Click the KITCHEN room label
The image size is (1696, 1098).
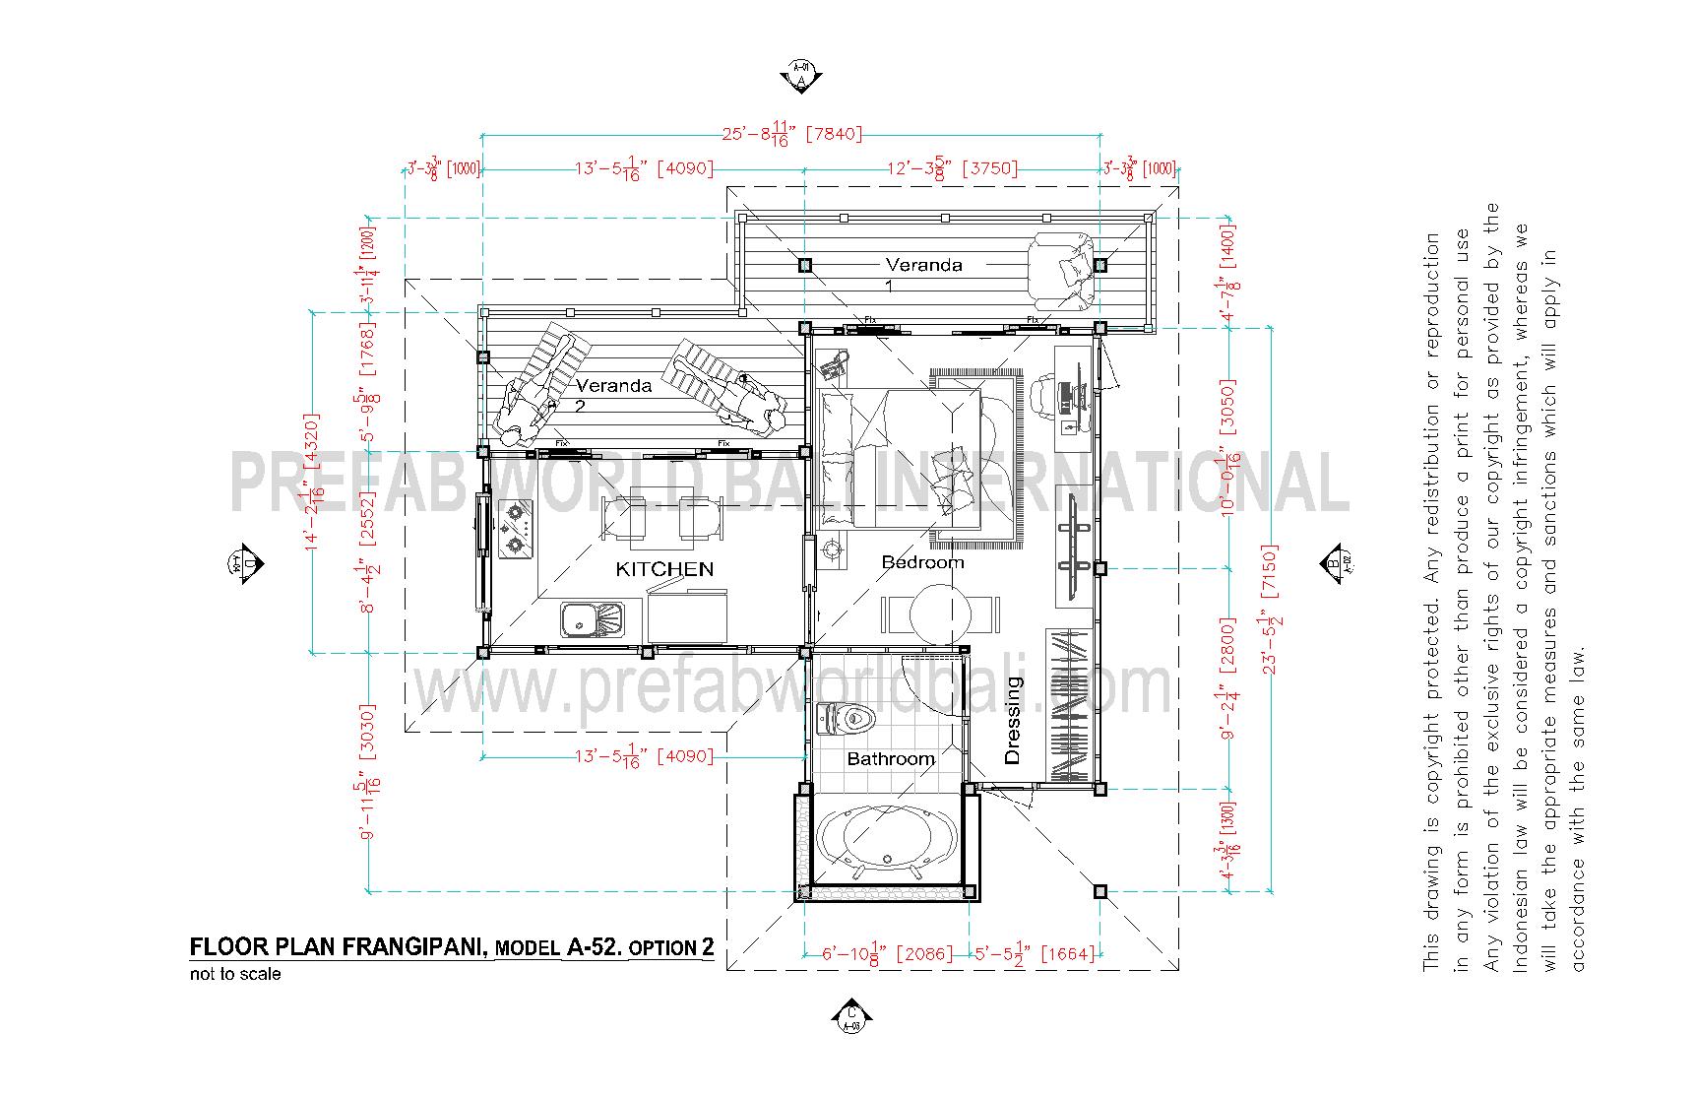point(664,569)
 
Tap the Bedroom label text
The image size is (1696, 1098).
point(922,562)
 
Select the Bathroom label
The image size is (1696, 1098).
point(891,759)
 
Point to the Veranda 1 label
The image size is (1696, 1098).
point(923,265)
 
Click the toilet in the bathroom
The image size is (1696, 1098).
point(848,720)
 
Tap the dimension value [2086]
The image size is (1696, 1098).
point(928,954)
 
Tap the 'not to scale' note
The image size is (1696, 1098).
point(235,975)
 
